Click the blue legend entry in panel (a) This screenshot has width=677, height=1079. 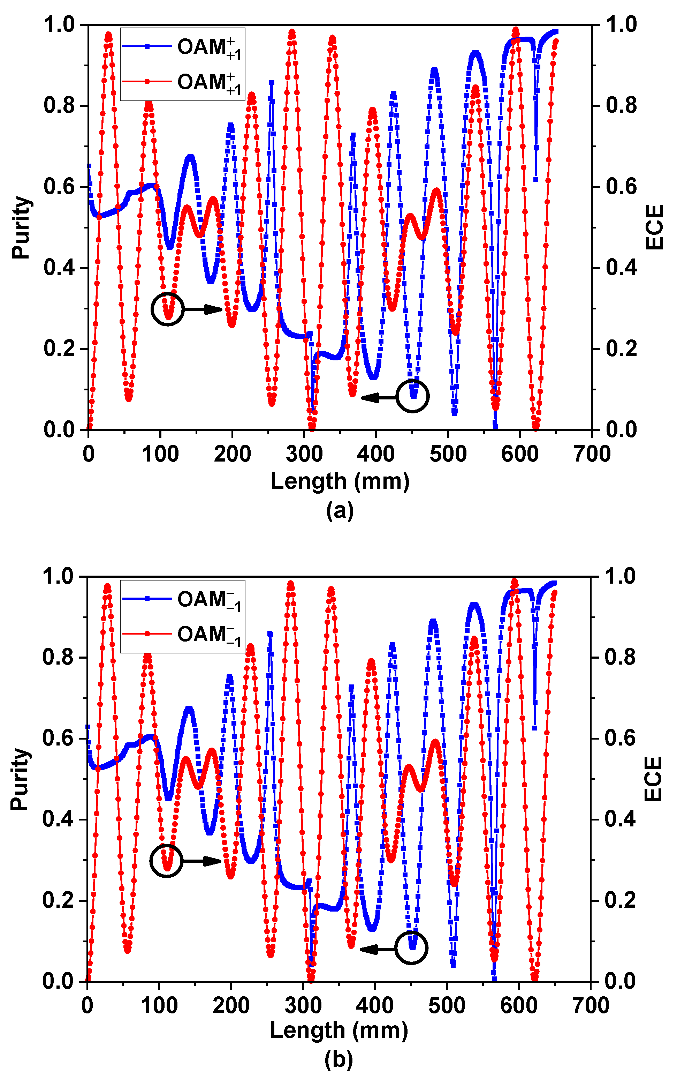(x=181, y=47)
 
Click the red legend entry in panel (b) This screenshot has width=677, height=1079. (x=181, y=634)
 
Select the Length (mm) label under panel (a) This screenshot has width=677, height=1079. (x=340, y=482)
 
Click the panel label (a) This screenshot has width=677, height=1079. (x=340, y=510)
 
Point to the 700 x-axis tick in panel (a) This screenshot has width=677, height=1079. (x=592, y=454)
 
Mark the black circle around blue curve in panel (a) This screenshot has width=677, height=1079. (x=413, y=396)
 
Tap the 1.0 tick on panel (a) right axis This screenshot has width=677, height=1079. (x=622, y=25)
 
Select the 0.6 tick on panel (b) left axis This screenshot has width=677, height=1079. (x=58, y=739)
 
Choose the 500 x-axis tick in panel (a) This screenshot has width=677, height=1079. (x=448, y=454)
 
